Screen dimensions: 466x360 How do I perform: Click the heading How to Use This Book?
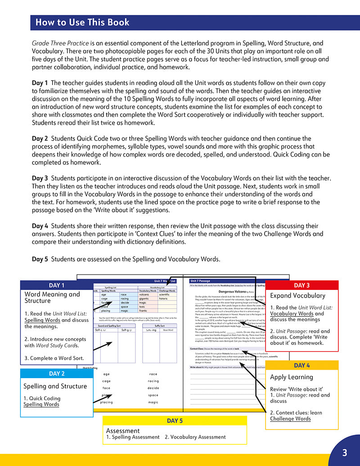coord(82,22)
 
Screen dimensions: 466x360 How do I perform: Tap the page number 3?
coord(344,452)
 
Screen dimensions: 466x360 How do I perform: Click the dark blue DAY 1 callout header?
coord(56,285)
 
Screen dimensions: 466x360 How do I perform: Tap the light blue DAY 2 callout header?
coord(56,373)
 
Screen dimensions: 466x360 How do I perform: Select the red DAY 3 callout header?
coord(301,285)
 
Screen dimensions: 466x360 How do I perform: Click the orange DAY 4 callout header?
coord(301,365)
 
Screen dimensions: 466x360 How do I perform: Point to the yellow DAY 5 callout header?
coord(175,421)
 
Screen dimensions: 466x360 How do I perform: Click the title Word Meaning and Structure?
coord(52,297)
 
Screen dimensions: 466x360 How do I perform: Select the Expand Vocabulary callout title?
coord(297,295)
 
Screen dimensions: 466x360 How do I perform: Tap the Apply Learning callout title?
coord(291,377)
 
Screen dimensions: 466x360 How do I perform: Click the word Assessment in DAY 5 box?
coord(123,430)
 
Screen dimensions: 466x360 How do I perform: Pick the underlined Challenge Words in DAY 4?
coord(290,419)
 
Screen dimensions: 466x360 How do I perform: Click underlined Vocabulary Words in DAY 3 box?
coord(292,313)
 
